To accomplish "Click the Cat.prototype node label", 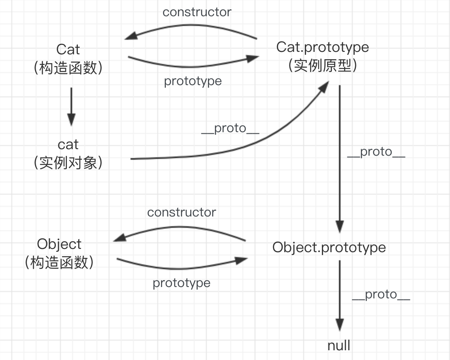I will tap(323, 47).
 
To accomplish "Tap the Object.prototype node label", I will tap(329, 247).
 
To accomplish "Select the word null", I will tap(339, 346).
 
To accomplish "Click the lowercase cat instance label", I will tap(68, 144).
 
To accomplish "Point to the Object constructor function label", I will tap(59, 244).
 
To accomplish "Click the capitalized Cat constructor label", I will tap(68, 49).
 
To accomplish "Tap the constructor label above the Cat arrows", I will tap(197, 12).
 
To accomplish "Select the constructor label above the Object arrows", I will tap(182, 212).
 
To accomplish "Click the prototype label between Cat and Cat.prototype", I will tap(193, 81).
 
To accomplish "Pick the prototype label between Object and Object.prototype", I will tap(182, 283).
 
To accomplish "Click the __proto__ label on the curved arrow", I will tap(230, 129).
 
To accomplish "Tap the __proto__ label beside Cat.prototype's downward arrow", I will tap(376, 152).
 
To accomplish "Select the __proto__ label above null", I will tap(381, 295).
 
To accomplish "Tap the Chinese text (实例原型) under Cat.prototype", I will tap(323, 66).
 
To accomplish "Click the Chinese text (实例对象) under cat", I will tap(68, 163).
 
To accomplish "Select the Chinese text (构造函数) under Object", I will tap(59, 263).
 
